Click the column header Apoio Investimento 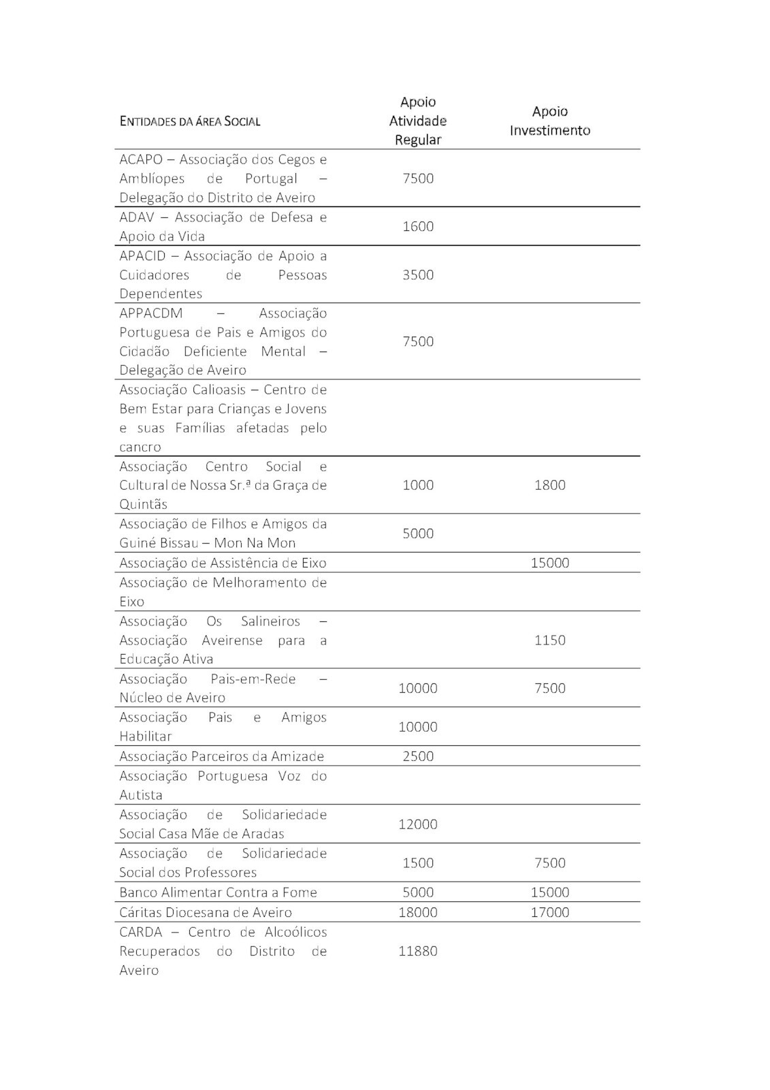[x=549, y=121]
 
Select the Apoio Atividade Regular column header [x=417, y=121]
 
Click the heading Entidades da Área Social [x=190, y=121]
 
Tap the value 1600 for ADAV [x=417, y=226]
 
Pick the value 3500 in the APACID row [x=417, y=275]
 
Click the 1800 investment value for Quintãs [x=549, y=485]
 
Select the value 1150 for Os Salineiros [x=549, y=640]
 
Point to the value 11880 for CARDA [x=417, y=951]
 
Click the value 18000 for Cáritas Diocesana [x=417, y=912]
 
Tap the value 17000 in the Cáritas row [x=549, y=912]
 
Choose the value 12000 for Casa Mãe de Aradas [x=417, y=824]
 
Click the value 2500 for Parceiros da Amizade [x=417, y=756]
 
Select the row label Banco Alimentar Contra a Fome [x=218, y=892]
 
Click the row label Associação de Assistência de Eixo [x=223, y=563]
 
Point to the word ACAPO [x=141, y=159]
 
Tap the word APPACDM [x=149, y=313]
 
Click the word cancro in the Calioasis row [x=140, y=448]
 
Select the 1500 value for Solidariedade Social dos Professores [x=417, y=863]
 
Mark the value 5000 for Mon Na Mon [x=417, y=533]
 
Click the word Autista [x=141, y=795]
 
